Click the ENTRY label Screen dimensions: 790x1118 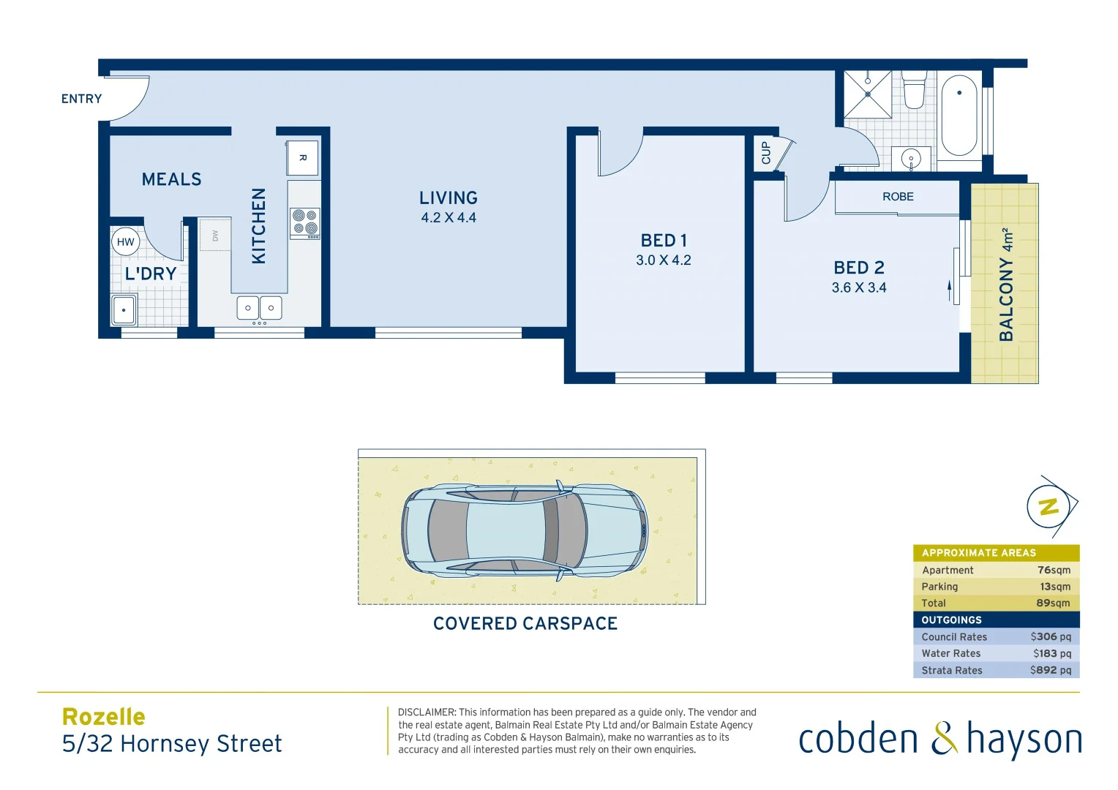tap(81, 99)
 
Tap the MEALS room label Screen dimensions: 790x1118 tap(171, 179)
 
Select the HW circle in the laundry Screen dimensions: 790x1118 tap(126, 242)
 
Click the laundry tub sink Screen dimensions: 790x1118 tap(124, 310)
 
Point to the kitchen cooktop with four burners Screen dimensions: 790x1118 tap(305, 223)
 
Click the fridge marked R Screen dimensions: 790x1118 tap(302, 158)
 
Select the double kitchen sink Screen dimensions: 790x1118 tap(259, 308)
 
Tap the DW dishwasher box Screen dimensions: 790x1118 tap(215, 235)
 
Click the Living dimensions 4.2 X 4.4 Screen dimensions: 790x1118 tap(449, 217)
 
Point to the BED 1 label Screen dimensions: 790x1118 tap(664, 241)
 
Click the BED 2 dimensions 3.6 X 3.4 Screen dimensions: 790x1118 tap(859, 287)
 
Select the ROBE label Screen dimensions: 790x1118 tap(898, 197)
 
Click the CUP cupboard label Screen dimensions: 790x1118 tap(766, 153)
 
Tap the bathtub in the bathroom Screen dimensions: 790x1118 tap(959, 116)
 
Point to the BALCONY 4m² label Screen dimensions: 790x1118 tap(1007, 285)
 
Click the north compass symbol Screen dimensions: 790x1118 tap(1050, 506)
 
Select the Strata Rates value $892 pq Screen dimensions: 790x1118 tap(1050, 670)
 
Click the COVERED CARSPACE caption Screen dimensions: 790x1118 tap(525, 623)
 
